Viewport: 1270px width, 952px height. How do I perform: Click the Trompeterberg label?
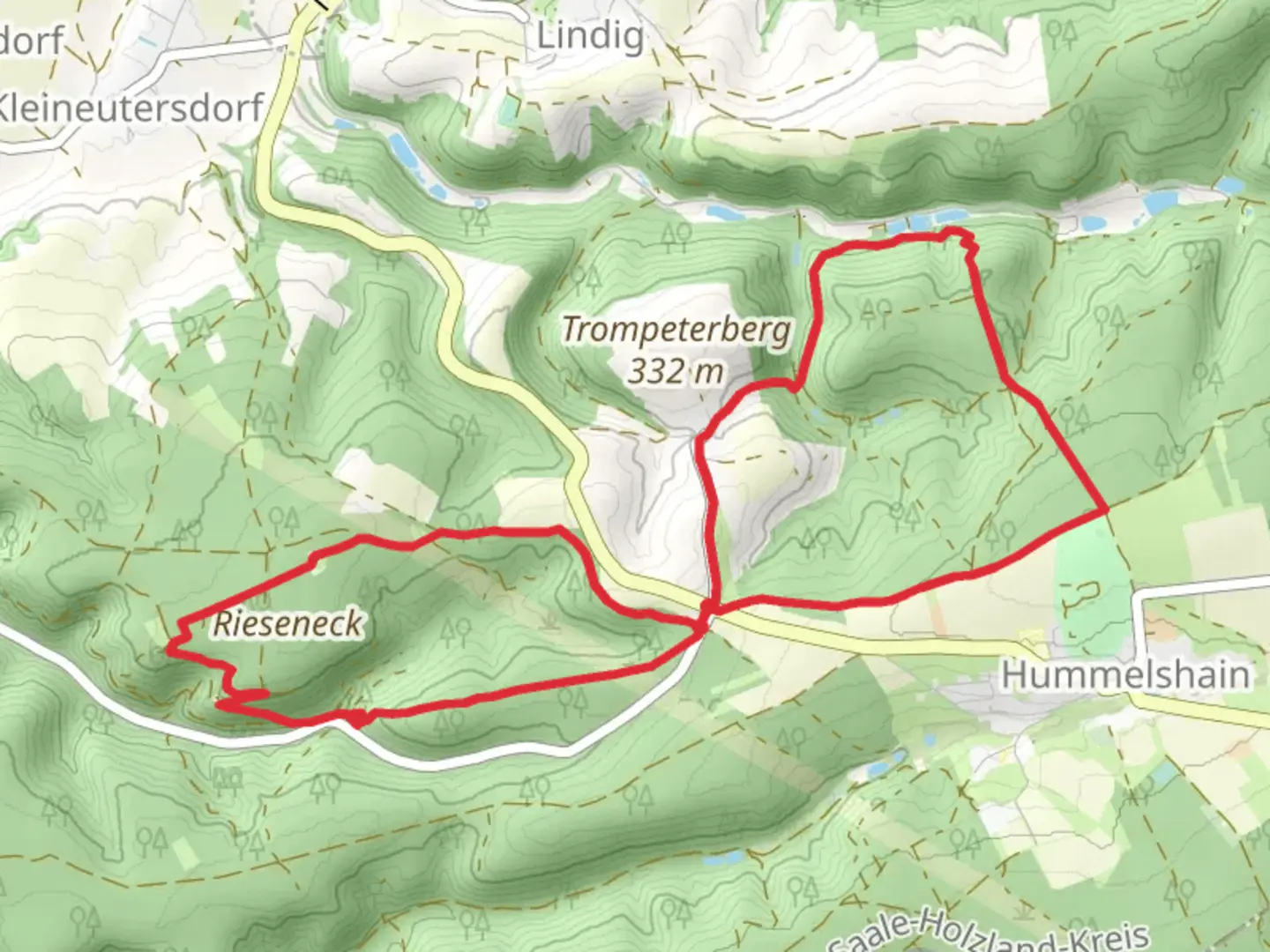pos(676,331)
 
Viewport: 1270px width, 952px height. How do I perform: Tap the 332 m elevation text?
pos(676,371)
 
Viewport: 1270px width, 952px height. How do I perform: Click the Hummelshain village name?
pos(1125,675)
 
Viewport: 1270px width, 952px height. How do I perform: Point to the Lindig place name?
pos(590,37)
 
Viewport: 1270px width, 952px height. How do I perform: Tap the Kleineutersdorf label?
pos(132,108)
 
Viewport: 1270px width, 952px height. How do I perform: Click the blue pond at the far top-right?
pos(1228,185)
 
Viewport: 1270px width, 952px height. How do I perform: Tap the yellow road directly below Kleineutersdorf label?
pos(269,167)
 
